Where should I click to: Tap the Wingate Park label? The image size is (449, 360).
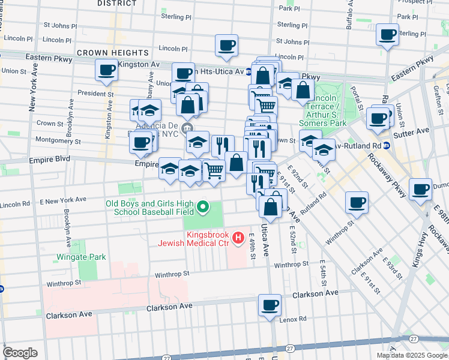[x=81, y=257]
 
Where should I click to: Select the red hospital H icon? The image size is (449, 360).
[x=238, y=238]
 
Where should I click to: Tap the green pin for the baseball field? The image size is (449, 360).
[x=203, y=208]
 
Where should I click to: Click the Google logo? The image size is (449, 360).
[x=20, y=353]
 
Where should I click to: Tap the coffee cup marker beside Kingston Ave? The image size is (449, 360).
[x=106, y=70]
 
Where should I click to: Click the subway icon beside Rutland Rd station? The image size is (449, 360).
[x=387, y=145]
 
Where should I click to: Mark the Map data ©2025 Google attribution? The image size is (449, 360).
[x=412, y=355]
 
